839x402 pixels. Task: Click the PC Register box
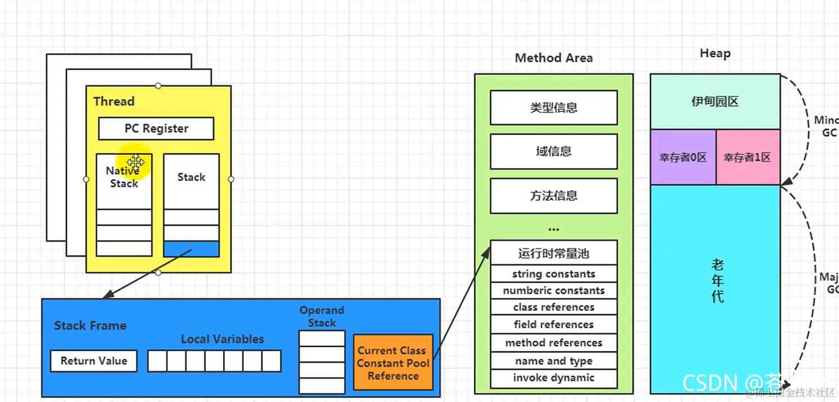point(156,128)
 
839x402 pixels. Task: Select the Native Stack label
point(123,177)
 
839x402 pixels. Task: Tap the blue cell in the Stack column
point(191,249)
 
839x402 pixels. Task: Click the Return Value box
point(94,361)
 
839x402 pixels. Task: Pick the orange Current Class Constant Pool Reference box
point(393,363)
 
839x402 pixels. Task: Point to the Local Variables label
point(222,339)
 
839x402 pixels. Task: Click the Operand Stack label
point(322,316)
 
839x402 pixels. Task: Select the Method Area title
point(554,58)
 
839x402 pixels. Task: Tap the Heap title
point(715,53)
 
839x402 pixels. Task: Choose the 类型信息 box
point(554,108)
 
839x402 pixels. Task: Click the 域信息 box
point(554,151)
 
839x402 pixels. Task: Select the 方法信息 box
point(554,196)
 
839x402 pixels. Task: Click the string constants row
point(554,274)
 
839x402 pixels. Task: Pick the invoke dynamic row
point(554,378)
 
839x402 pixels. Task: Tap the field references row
point(554,324)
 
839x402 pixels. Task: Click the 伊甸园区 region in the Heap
point(715,102)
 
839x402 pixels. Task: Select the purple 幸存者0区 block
point(683,158)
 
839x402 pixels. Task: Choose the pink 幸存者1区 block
point(747,158)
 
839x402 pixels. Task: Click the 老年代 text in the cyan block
point(717,280)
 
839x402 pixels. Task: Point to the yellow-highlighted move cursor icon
point(136,162)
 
